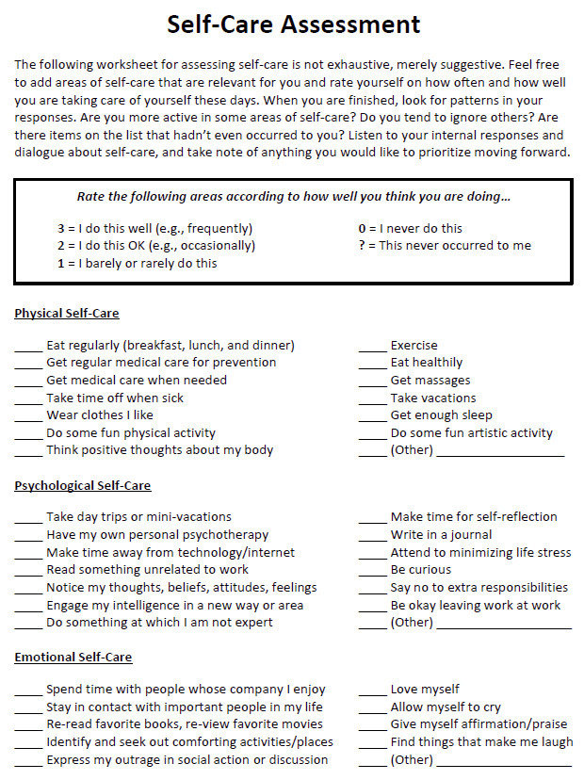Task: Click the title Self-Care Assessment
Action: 293,24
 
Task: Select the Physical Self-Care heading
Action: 67,314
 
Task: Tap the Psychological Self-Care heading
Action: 83,486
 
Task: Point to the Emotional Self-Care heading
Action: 73,658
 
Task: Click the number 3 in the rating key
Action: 60,229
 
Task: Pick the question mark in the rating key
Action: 362,246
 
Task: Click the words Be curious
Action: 421,570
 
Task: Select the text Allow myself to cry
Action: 446,707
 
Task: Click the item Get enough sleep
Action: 441,415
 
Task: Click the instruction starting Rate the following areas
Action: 293,198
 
